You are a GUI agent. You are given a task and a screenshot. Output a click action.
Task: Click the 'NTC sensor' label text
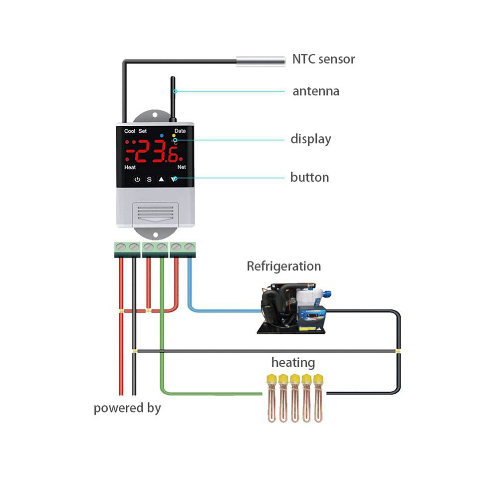[x=323, y=59]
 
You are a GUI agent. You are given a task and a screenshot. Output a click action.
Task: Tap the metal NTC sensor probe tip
[x=261, y=61]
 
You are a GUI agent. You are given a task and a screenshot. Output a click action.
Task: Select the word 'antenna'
[x=316, y=91]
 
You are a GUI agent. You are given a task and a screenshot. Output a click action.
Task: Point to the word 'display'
[x=311, y=139]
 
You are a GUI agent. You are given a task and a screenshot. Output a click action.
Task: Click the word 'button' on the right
[x=310, y=177]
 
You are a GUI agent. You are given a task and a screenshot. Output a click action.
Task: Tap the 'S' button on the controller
[x=149, y=179]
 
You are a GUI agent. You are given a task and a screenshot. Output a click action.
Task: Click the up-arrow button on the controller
[x=161, y=179]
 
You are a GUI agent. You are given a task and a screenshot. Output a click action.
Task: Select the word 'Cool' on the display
[x=129, y=131]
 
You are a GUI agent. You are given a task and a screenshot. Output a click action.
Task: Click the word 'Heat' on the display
[x=130, y=167]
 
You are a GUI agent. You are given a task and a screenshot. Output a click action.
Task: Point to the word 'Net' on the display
[x=182, y=167]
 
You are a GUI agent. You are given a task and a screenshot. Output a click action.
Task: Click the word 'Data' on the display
[x=180, y=131]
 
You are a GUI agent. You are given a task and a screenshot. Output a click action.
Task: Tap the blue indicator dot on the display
[x=162, y=135]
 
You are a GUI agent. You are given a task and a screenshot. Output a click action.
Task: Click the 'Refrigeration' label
[x=284, y=266]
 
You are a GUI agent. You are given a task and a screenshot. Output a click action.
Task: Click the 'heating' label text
[x=293, y=363]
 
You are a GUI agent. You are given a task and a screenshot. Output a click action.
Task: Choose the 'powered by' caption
[x=127, y=408]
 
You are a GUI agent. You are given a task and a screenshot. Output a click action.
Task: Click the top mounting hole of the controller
[x=155, y=115]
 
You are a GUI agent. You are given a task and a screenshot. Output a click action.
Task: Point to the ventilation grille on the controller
[x=155, y=212]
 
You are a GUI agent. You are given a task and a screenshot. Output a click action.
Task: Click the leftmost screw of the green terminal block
[x=121, y=247]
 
